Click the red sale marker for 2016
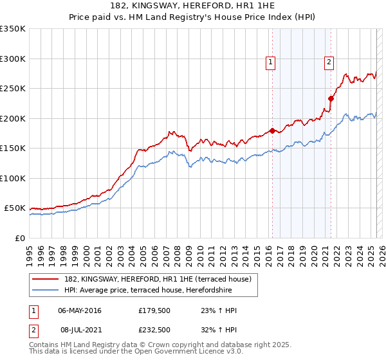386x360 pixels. pos(272,130)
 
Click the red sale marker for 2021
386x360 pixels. pos(331,98)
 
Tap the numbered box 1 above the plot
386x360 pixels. pos(270,62)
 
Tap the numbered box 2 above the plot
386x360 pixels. pos(329,62)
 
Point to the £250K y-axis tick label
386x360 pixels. pos(13,88)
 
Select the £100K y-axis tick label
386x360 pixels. pos(13,178)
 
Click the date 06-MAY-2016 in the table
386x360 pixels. pos(80,310)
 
